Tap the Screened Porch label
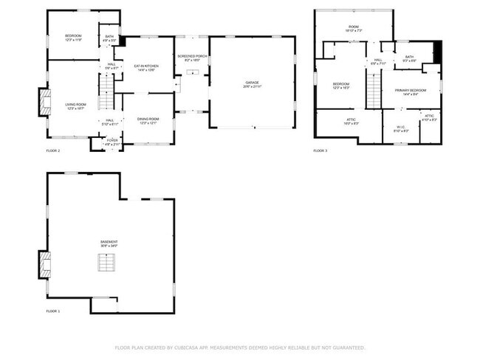click(x=191, y=58)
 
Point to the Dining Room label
click(x=148, y=120)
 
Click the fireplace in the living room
click(x=44, y=102)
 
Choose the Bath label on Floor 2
click(x=109, y=38)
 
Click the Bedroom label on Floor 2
click(x=72, y=38)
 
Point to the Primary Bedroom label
click(x=406, y=92)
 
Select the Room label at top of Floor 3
click(x=353, y=29)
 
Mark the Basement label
click(x=109, y=243)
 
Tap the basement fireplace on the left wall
click(x=45, y=264)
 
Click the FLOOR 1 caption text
click(x=53, y=311)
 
